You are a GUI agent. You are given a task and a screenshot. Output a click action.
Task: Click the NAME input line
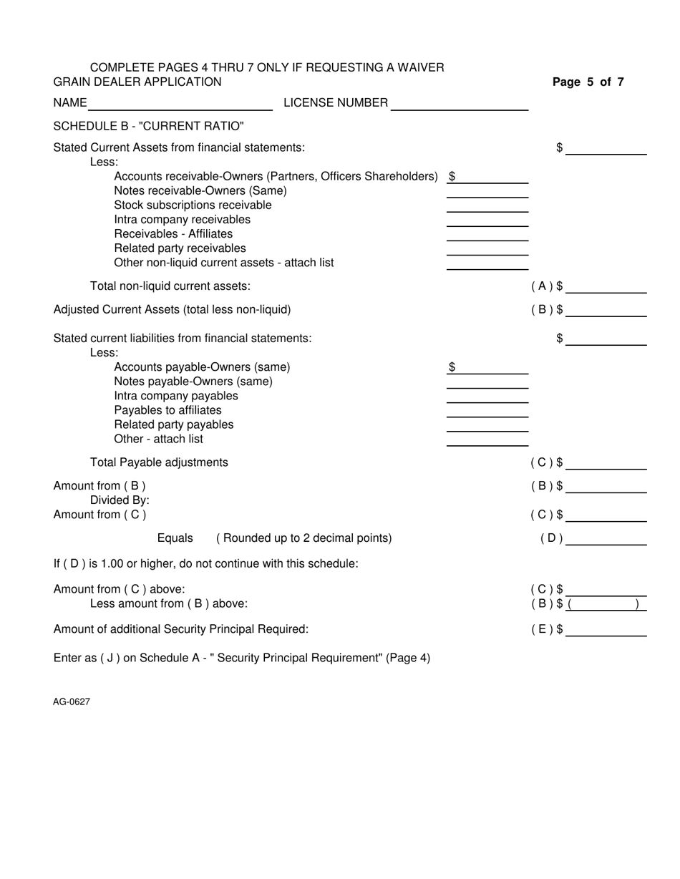(x=180, y=104)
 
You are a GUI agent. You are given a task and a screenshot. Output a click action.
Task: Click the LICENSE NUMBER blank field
(x=460, y=104)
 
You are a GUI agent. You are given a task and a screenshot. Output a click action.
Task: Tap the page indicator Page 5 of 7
(x=588, y=82)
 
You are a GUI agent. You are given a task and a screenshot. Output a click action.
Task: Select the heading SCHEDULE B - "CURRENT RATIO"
(x=148, y=127)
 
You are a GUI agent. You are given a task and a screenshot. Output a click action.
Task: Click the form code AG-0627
(x=71, y=702)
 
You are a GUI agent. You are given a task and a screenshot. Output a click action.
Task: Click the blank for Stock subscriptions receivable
(x=487, y=205)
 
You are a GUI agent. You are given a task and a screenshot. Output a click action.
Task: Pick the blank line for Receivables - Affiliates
(x=487, y=234)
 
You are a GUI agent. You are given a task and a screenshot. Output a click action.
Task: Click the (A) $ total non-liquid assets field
(x=606, y=287)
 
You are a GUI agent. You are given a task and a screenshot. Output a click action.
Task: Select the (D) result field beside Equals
(x=606, y=539)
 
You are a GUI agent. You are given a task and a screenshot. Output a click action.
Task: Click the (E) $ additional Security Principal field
(x=606, y=630)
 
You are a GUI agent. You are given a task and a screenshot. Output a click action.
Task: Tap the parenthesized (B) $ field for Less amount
(x=606, y=604)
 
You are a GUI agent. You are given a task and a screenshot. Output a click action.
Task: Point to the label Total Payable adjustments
(x=159, y=462)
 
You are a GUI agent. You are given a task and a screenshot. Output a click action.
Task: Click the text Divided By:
(x=120, y=500)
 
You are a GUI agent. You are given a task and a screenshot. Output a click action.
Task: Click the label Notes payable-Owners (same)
(x=193, y=382)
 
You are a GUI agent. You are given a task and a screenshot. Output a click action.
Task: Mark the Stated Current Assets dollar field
(x=606, y=148)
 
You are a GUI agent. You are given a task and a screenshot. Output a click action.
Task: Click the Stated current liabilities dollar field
(x=606, y=339)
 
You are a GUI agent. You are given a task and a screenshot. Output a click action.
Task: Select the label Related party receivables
(x=180, y=248)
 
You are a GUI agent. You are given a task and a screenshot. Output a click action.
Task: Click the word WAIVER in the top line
(x=419, y=67)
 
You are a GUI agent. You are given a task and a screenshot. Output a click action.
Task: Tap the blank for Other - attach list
(x=487, y=439)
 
